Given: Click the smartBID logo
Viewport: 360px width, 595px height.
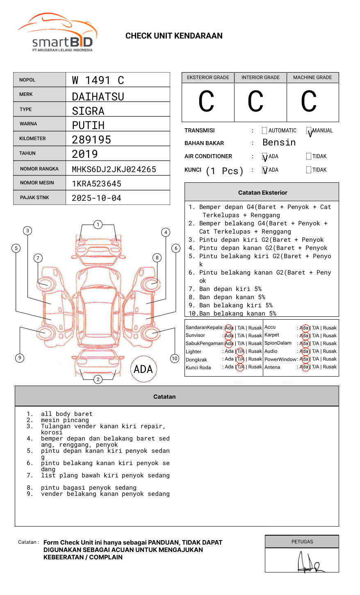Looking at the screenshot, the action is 57,32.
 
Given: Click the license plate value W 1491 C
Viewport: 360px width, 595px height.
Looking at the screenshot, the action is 98,80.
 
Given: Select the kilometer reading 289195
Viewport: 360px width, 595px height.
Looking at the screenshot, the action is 91,140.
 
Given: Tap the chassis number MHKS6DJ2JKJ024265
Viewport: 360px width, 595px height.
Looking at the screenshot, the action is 114,169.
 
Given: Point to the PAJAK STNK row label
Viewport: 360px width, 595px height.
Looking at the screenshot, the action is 34,198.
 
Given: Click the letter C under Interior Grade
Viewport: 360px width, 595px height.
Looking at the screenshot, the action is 255,101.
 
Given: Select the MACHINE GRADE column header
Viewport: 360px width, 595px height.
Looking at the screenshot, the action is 312,77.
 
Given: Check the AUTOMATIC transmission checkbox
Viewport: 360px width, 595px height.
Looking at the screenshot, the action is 264,130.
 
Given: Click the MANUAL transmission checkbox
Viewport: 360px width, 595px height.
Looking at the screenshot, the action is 309,130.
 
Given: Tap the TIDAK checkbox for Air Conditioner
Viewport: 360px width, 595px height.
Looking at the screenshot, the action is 309,156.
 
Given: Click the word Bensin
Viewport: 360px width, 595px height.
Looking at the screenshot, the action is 279,142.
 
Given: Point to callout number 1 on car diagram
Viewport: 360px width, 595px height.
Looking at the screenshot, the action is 98,225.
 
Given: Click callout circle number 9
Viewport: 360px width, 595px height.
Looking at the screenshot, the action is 20,358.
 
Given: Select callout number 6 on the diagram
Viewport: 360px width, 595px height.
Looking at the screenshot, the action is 176,248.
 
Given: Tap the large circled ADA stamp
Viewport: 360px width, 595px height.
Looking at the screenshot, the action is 144,369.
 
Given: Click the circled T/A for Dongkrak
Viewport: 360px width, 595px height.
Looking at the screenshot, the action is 240,359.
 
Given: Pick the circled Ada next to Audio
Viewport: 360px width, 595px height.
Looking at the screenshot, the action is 305,351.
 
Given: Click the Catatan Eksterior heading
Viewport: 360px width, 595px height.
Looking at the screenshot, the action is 263,193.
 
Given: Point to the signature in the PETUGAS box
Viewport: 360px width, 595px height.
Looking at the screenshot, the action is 310,561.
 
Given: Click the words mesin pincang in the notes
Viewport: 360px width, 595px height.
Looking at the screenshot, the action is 65,420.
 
